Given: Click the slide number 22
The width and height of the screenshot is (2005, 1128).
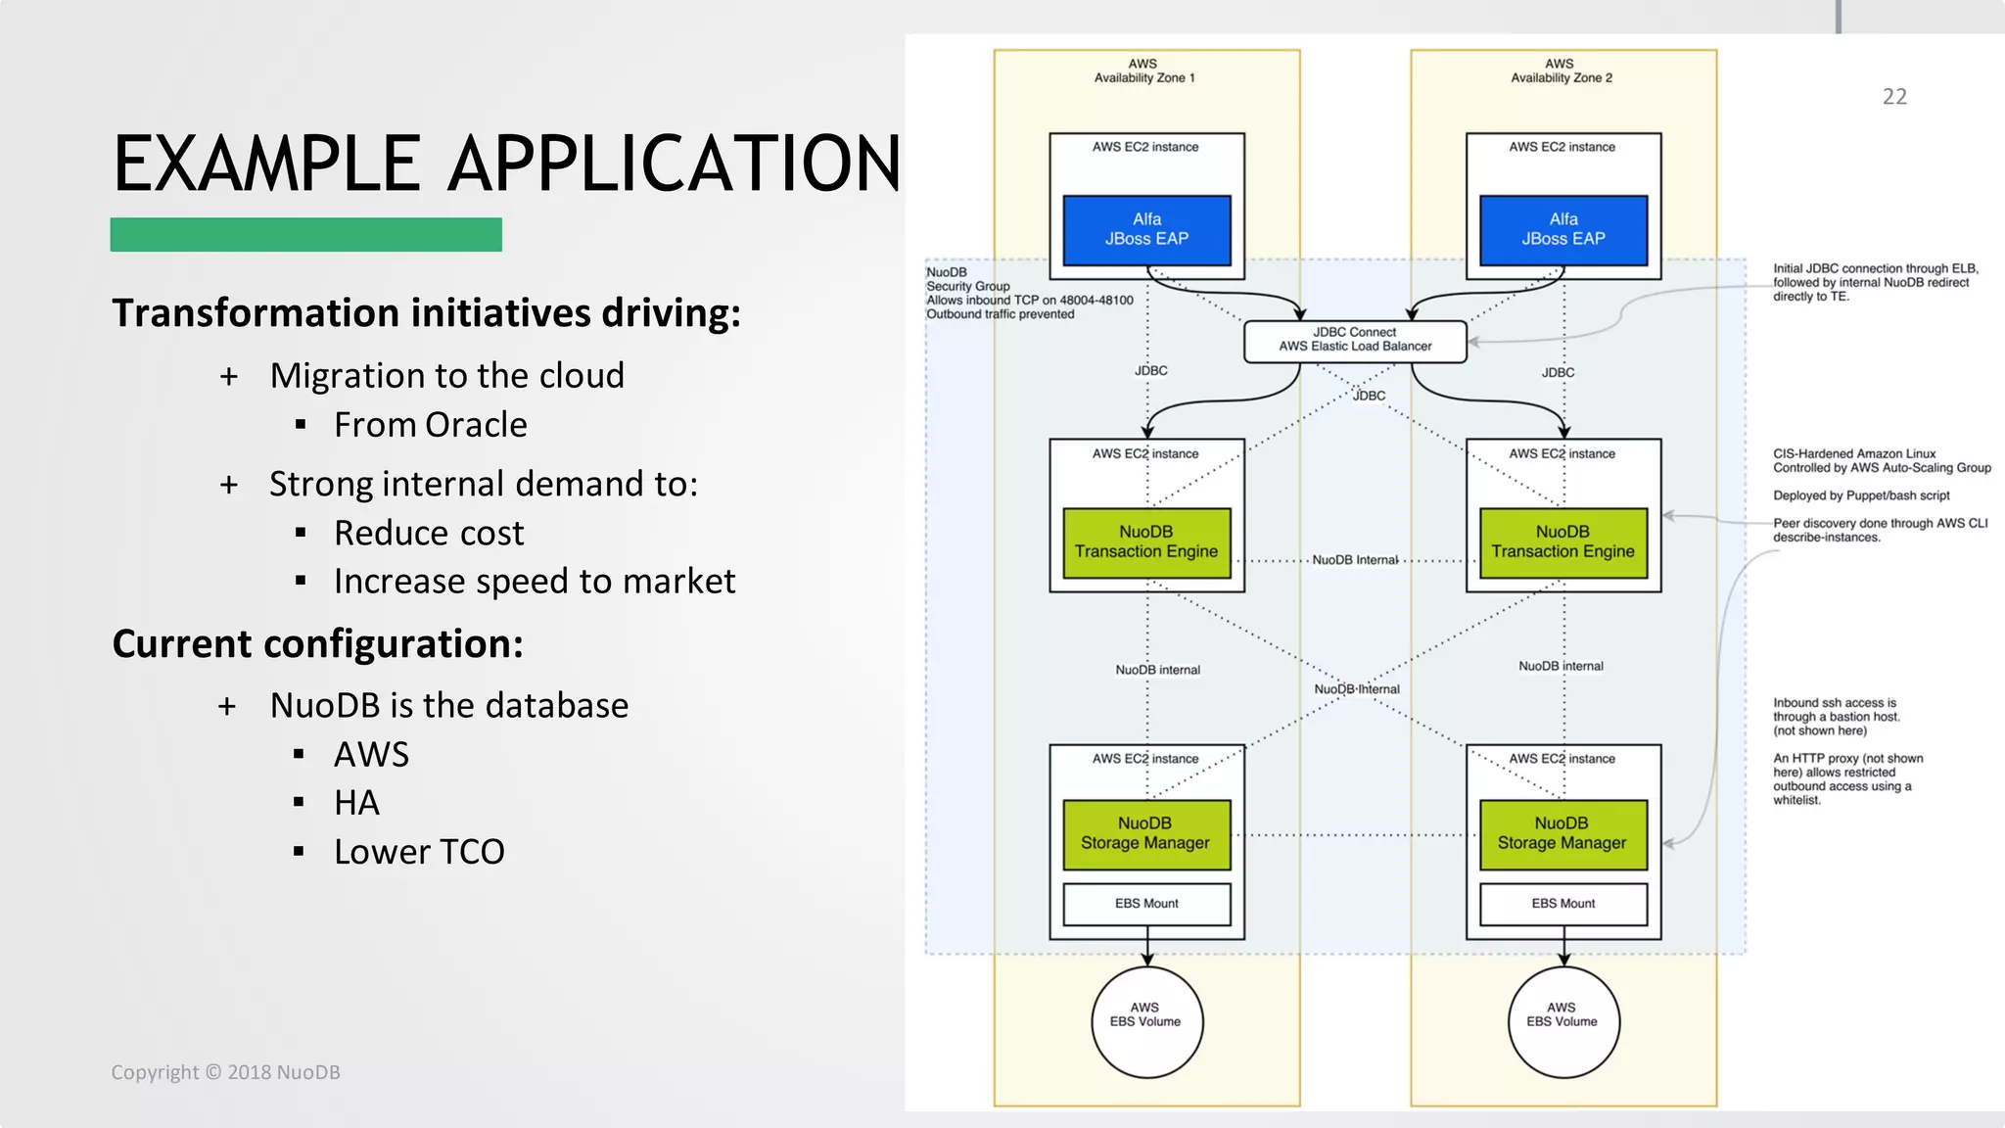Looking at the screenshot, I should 1894,97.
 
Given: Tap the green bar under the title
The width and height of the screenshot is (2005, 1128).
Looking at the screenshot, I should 305,235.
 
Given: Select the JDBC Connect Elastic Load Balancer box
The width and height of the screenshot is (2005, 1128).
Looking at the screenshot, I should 1355,340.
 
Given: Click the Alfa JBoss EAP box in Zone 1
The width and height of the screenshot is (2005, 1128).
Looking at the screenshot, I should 1146,230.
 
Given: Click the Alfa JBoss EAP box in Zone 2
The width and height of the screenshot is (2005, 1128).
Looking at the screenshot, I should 1562,230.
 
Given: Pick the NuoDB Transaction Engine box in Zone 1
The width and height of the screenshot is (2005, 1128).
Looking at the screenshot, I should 1146,542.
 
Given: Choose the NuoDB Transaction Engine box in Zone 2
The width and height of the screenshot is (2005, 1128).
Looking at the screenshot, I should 1562,542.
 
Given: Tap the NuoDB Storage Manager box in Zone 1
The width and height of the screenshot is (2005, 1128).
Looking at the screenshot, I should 1145,834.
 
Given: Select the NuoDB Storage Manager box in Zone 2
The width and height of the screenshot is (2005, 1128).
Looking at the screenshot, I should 1562,834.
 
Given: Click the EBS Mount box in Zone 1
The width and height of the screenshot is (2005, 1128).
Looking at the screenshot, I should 1146,904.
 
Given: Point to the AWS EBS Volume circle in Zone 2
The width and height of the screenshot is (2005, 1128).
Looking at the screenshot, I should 1562,1021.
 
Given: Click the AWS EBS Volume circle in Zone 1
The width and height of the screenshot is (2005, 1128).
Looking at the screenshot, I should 1145,1021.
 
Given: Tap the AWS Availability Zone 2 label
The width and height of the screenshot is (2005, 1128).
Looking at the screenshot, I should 1561,70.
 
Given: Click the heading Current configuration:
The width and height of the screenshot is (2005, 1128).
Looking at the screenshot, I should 317,644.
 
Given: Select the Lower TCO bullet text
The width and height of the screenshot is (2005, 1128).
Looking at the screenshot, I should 419,852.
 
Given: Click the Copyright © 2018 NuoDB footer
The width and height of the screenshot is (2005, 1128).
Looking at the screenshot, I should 225,1072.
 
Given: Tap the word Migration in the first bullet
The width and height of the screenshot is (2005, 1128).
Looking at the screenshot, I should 346,376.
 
